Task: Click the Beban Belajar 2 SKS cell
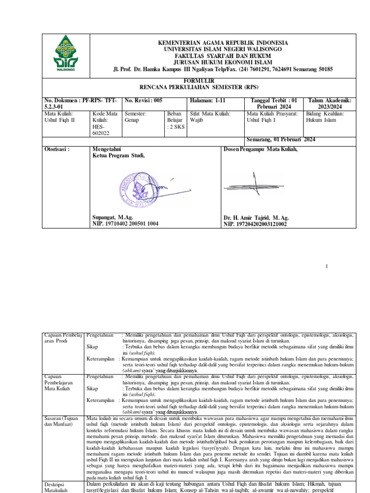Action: pos(175,120)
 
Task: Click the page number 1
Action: pos(327,266)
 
